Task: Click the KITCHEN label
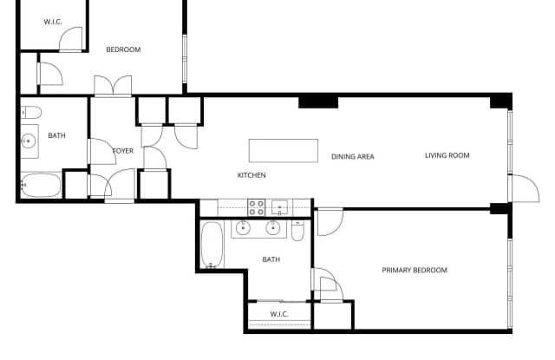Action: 251,175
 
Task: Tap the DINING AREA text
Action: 352,157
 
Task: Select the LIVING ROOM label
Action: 447,156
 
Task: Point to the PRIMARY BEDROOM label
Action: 415,271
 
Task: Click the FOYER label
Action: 123,151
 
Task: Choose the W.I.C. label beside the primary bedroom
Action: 278,314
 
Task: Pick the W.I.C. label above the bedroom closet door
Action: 53,21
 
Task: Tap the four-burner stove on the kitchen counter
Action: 257,207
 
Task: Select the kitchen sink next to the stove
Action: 279,207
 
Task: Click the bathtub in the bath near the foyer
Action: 41,186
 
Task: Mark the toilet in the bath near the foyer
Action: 30,112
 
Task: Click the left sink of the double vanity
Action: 243,229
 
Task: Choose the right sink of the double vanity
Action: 273,229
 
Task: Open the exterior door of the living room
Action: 522,187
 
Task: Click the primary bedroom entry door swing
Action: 328,222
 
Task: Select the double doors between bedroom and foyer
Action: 114,87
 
